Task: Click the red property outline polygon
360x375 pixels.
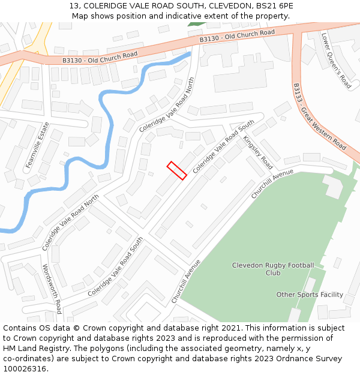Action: point(177,170)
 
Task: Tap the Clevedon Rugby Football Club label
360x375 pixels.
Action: point(273,269)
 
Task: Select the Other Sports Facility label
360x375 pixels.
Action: point(310,295)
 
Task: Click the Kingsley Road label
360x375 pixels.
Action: point(258,152)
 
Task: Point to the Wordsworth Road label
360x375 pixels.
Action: point(52,289)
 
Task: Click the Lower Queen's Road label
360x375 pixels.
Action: point(336,61)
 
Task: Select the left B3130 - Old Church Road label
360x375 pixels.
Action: point(100,58)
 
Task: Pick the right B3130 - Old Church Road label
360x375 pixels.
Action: point(238,36)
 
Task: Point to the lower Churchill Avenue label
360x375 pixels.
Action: point(185,281)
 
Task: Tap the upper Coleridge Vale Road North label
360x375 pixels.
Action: point(167,104)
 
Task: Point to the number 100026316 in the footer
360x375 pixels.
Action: point(25,369)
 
